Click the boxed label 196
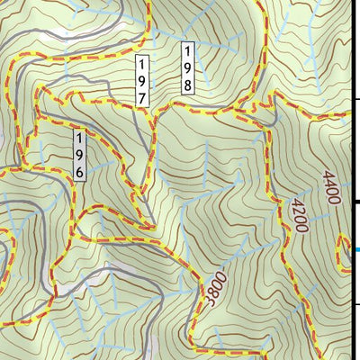click(80, 154)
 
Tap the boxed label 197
click(142, 82)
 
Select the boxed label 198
click(188, 68)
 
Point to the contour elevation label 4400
click(330, 187)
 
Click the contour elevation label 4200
click(297, 217)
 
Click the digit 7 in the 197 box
click(142, 97)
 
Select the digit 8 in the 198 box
click(188, 85)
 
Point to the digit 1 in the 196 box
click(80, 139)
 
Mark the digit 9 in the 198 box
click(188, 68)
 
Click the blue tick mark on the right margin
click(357, 250)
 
